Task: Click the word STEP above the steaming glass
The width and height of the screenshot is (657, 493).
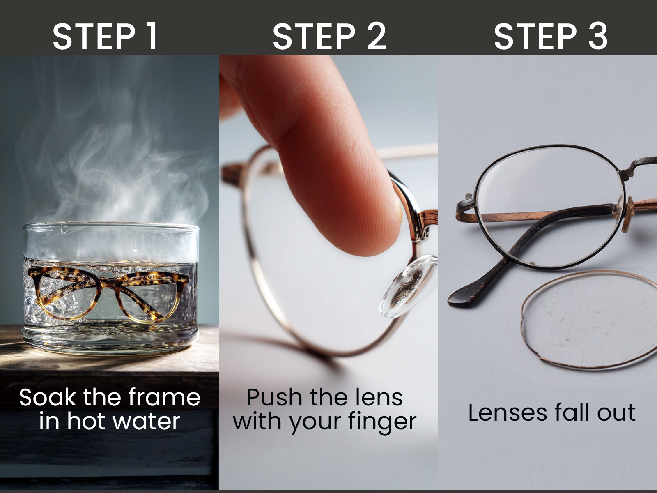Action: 94,37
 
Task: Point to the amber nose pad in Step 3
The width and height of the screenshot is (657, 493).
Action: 627,214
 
